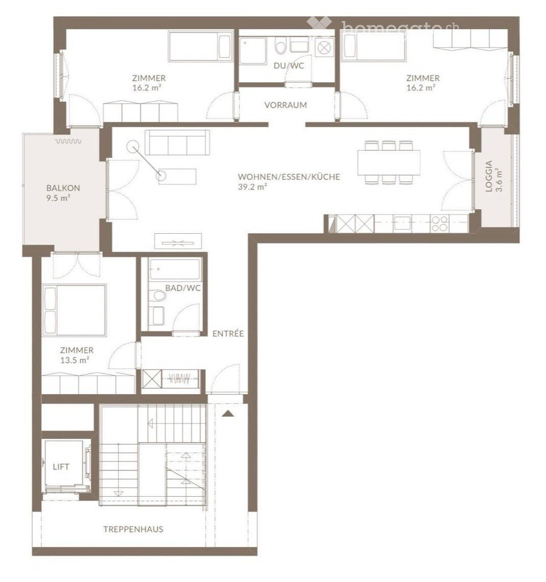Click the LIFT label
click(x=61, y=467)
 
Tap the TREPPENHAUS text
click(x=133, y=529)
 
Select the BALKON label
click(x=63, y=188)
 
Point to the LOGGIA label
click(x=489, y=176)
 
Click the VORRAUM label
click(x=286, y=105)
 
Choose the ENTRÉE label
click(x=228, y=333)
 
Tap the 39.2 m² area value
click(x=253, y=187)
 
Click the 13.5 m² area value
click(x=75, y=360)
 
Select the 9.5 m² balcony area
click(x=59, y=198)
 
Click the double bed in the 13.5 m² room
click(x=75, y=310)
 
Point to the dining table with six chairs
click(x=389, y=162)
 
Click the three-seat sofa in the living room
click(x=177, y=142)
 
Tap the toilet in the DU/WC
click(x=280, y=47)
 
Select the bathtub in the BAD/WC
click(x=175, y=269)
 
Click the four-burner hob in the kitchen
click(x=440, y=224)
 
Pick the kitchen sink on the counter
click(x=402, y=224)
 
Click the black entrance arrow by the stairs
click(x=228, y=414)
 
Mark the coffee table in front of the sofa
click(x=177, y=176)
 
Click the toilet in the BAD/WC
click(x=159, y=296)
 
